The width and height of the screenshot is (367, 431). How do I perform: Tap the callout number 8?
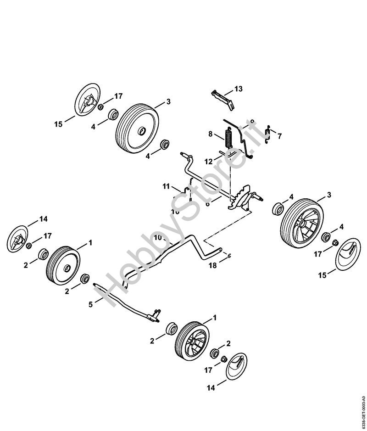[211, 134]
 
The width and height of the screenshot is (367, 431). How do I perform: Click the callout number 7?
[280, 136]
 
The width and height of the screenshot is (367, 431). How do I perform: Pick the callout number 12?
[209, 161]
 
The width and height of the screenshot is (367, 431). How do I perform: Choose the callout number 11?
[166, 186]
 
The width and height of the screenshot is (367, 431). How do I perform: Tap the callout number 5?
[90, 303]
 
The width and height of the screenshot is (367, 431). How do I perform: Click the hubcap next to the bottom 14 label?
[238, 366]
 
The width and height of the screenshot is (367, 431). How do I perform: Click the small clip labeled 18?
[229, 256]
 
